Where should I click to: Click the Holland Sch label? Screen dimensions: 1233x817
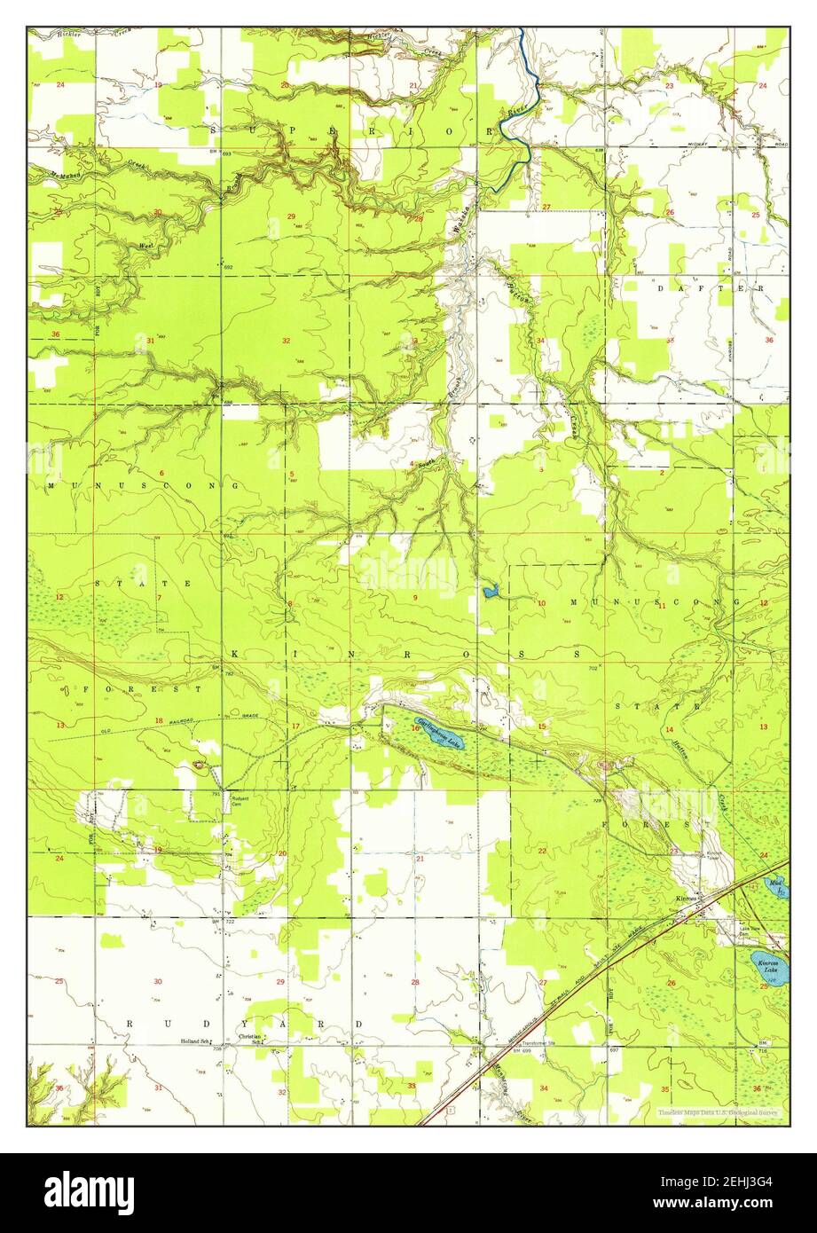pyautogui.click(x=196, y=1041)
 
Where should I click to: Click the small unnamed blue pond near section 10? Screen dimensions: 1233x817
pyautogui.click(x=489, y=589)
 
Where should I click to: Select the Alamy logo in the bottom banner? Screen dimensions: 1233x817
pyautogui.click(x=89, y=1193)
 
